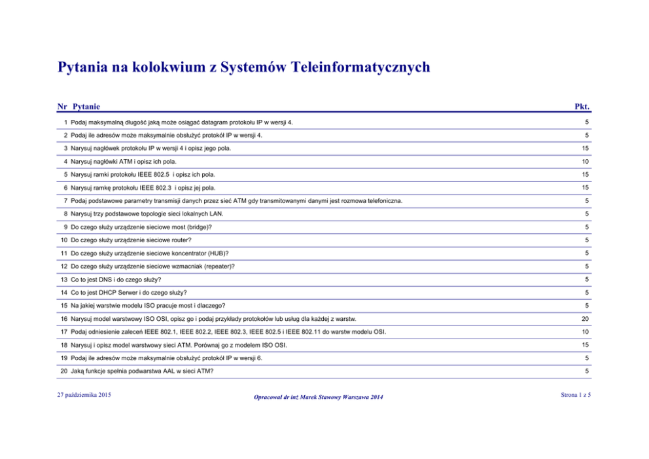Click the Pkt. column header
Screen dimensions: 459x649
coord(582,106)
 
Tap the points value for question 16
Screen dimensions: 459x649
coord(587,318)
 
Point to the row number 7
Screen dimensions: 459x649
coord(65,200)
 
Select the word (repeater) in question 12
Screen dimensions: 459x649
coord(216,266)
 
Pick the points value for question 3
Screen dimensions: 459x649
coord(587,148)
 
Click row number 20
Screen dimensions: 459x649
coord(63,371)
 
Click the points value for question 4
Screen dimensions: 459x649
coord(587,161)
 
